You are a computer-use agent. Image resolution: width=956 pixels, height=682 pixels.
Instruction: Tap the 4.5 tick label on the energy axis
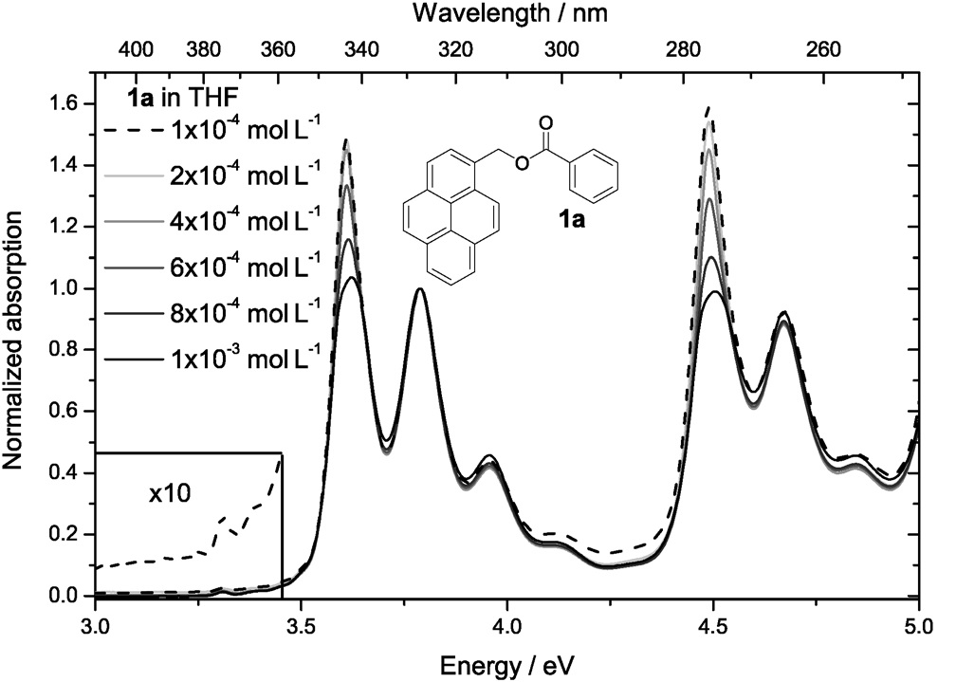tap(713, 627)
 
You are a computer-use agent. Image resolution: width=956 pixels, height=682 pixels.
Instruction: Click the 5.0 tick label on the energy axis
tap(918, 627)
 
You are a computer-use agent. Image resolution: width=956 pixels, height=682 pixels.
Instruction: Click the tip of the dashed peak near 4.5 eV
tap(708, 109)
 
